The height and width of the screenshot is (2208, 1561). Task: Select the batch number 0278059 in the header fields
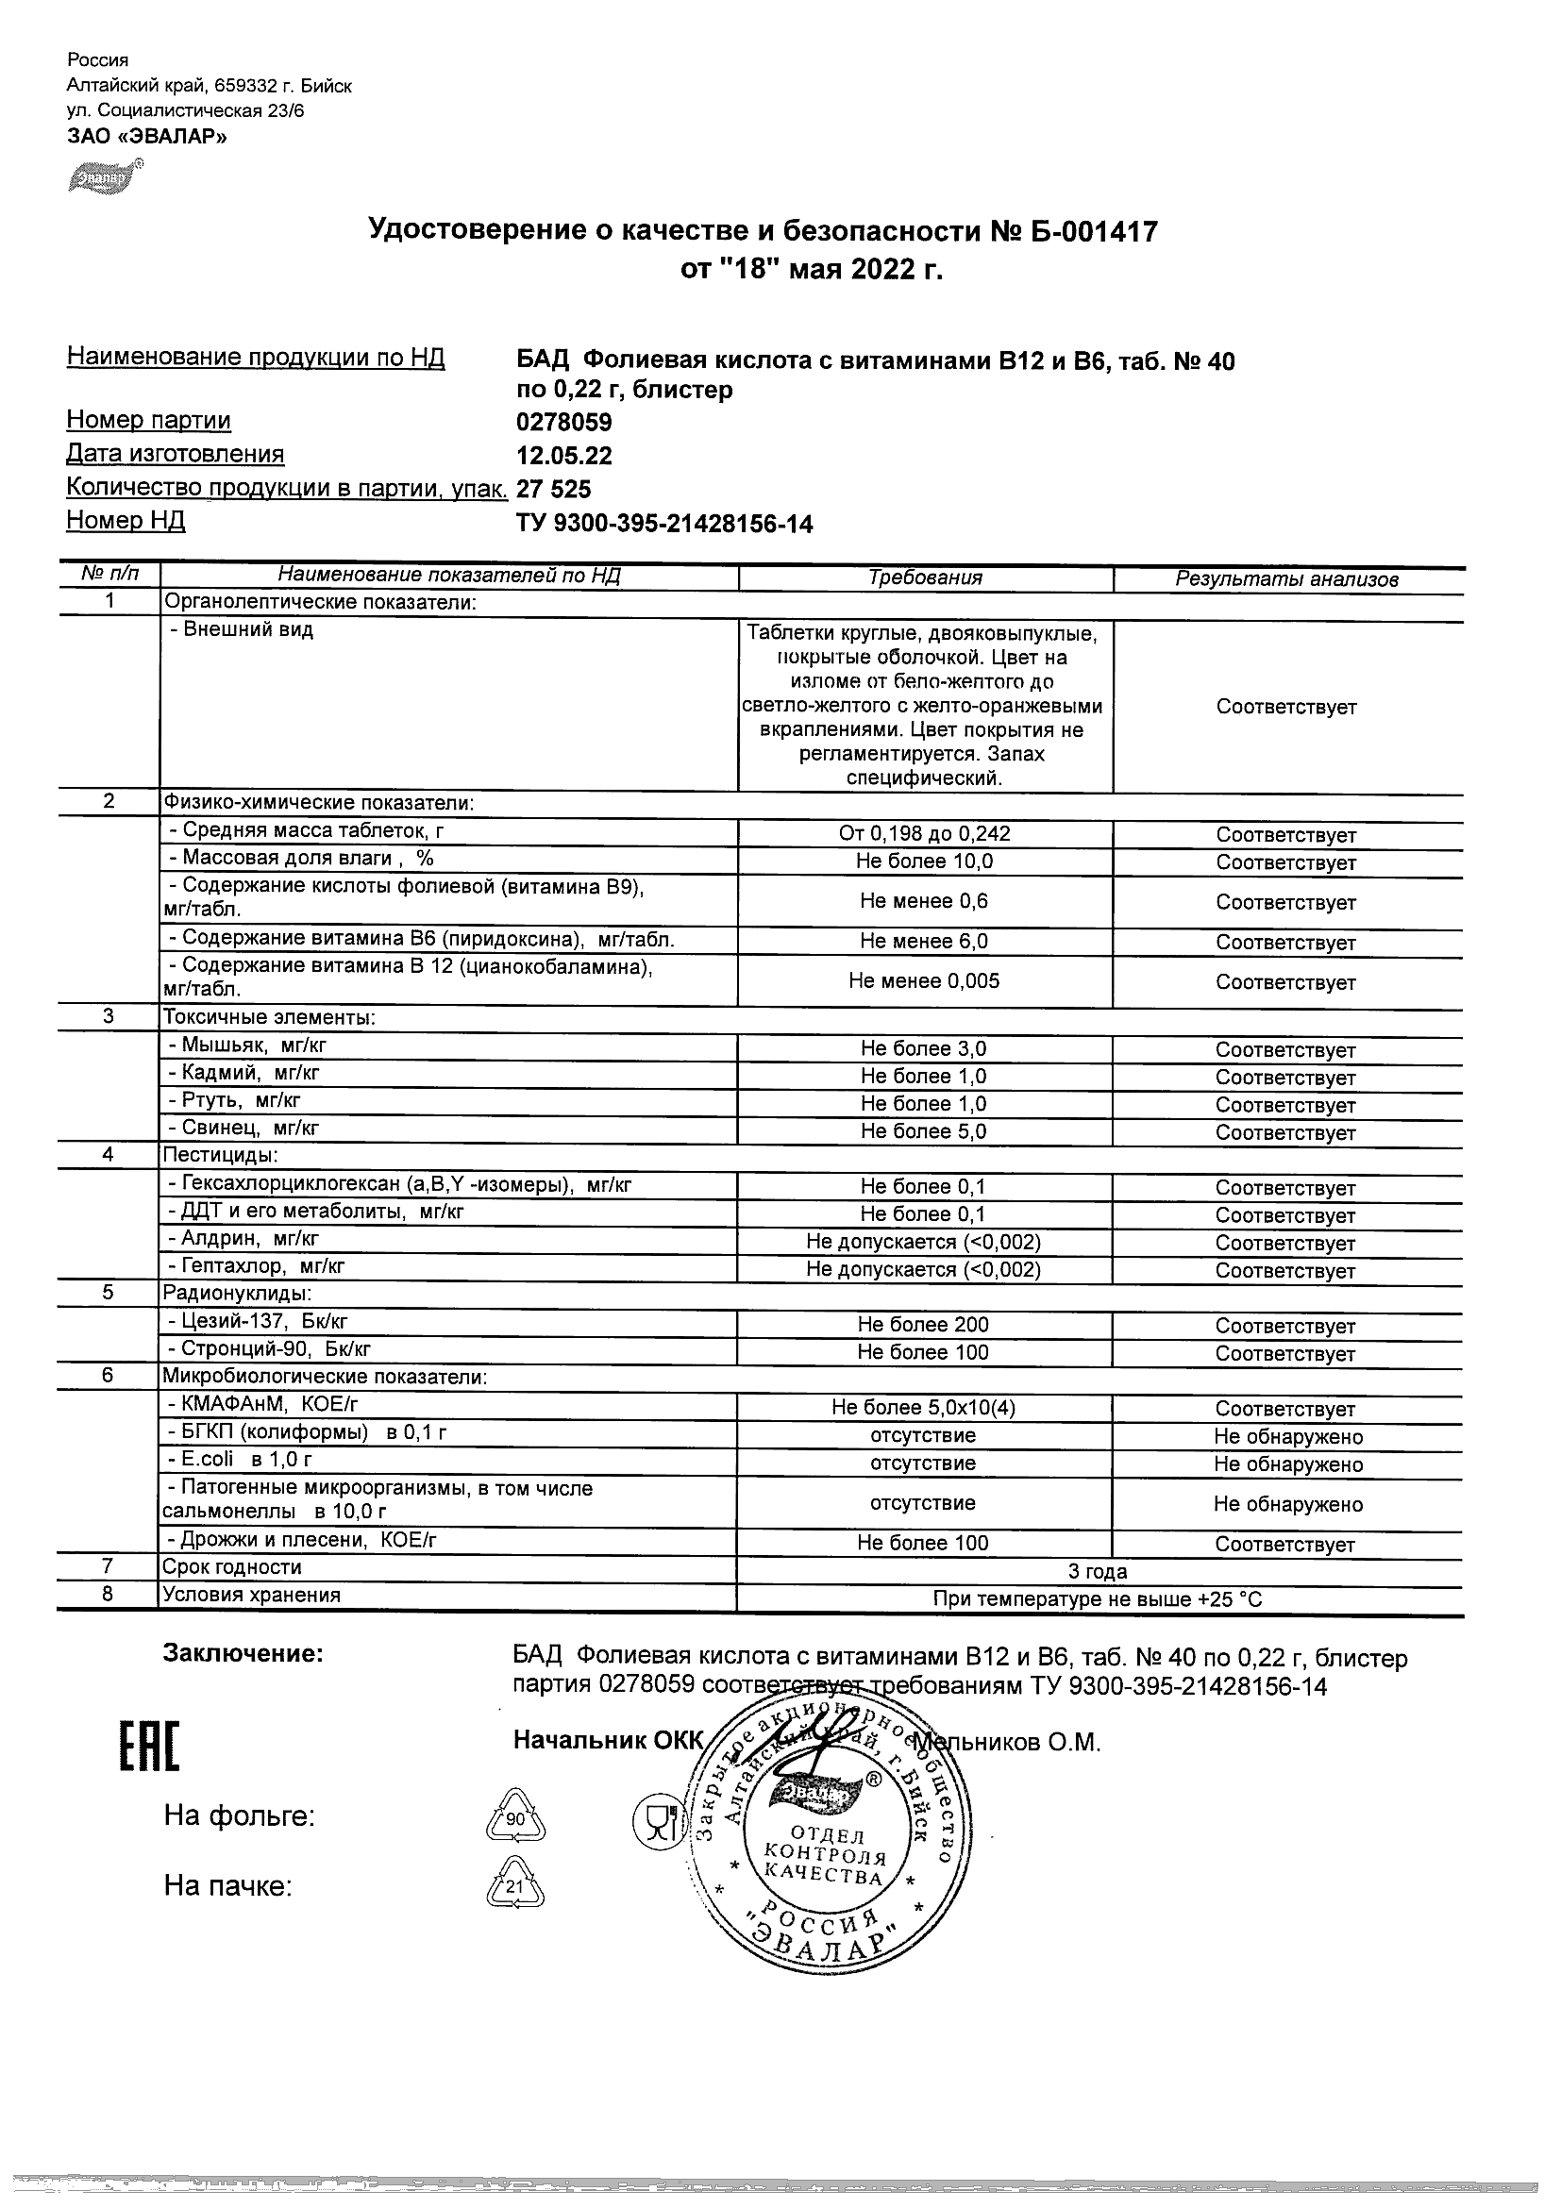click(563, 423)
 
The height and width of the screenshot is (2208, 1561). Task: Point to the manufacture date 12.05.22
click(563, 456)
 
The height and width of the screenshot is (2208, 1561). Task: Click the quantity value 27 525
click(554, 490)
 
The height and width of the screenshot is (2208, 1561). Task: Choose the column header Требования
click(924, 578)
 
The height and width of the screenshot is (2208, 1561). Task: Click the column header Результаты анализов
click(1286, 579)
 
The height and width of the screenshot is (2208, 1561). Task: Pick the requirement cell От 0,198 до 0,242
click(923, 834)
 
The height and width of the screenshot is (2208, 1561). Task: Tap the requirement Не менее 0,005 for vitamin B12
click(923, 981)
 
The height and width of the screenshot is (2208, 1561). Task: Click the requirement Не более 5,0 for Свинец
click(923, 1132)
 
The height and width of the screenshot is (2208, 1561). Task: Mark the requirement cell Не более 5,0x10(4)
click(923, 1408)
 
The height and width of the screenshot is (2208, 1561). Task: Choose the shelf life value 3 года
click(1098, 1572)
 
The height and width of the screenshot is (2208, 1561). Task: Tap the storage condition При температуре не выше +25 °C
click(1098, 1600)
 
